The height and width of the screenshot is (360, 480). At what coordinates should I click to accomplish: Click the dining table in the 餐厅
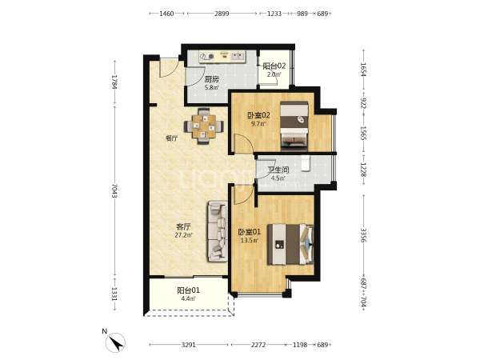tap(203, 126)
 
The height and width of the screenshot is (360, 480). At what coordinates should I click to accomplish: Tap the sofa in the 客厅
tap(218, 231)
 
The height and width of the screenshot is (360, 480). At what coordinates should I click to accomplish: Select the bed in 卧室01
tap(290, 244)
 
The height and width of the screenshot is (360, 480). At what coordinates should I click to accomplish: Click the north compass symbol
tap(115, 342)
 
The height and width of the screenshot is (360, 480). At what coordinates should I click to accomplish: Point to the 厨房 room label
tap(211, 79)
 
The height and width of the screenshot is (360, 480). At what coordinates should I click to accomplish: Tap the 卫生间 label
tap(278, 170)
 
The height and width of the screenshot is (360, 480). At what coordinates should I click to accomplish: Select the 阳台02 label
tap(274, 66)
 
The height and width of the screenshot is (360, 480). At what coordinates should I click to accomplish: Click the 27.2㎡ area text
tap(183, 235)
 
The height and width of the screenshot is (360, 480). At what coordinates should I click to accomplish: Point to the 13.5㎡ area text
tap(249, 240)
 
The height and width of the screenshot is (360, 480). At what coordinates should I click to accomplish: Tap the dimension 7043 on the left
tap(114, 190)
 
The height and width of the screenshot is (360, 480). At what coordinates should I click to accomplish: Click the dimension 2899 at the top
tap(222, 14)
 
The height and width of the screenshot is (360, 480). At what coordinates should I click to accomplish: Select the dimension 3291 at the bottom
tap(188, 345)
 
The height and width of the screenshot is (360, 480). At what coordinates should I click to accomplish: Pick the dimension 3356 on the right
tap(363, 235)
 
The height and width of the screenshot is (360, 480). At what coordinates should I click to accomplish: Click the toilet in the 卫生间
tap(306, 163)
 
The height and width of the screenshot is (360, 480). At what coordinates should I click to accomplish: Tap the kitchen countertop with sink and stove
tap(222, 56)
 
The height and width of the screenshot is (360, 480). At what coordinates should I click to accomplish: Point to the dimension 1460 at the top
tap(166, 14)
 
